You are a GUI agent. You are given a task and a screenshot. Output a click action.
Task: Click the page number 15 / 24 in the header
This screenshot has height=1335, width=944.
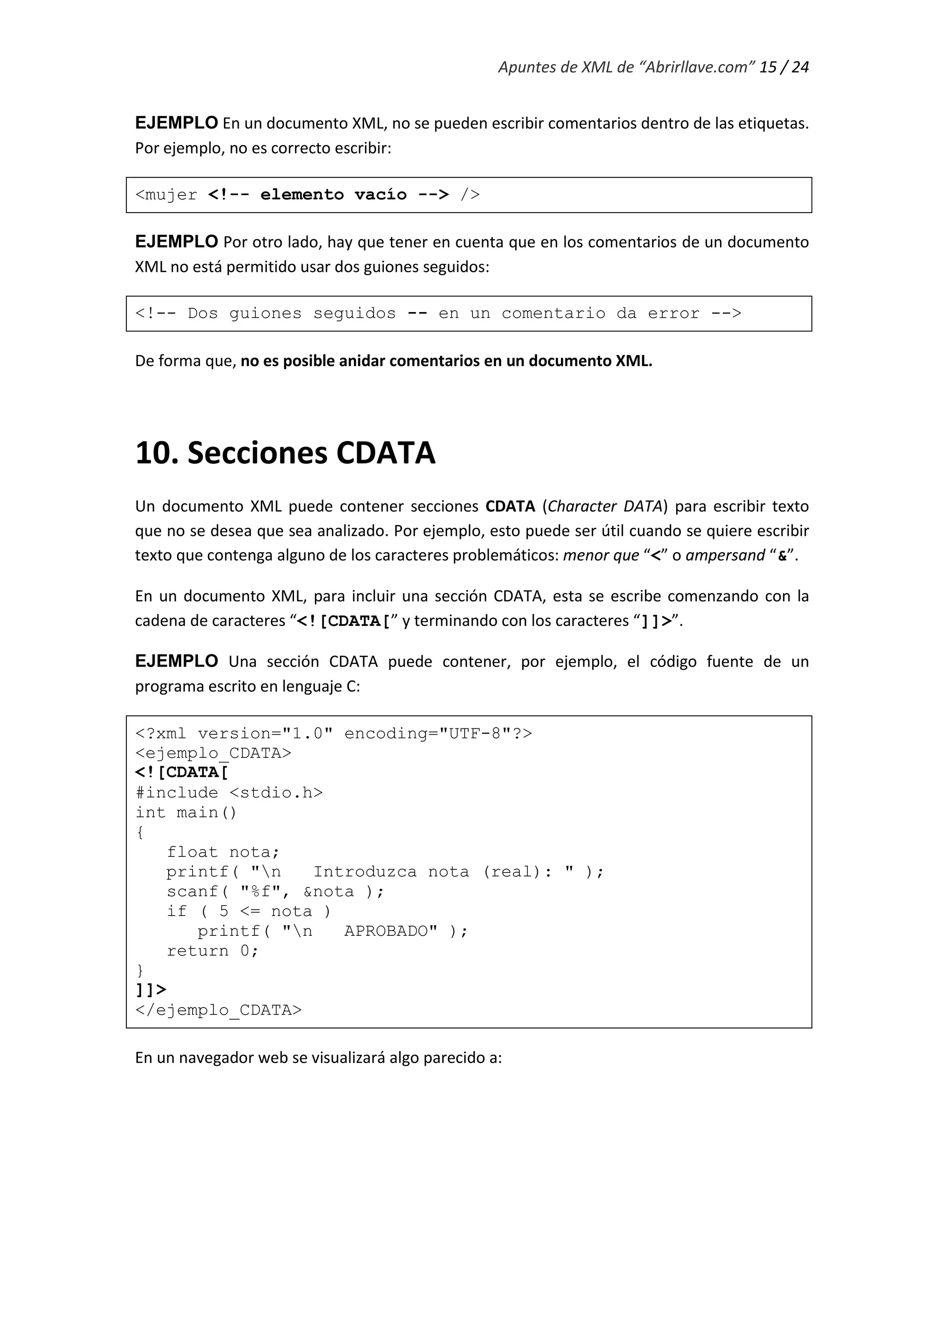(784, 67)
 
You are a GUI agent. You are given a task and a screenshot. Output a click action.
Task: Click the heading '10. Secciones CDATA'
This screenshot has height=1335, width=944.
(285, 453)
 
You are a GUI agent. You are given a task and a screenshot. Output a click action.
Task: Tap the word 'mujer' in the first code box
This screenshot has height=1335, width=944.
(171, 195)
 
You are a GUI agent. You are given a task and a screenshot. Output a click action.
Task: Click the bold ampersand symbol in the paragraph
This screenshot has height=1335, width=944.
(782, 556)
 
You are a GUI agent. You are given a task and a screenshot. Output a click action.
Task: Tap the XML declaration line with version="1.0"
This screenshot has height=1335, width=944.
(333, 734)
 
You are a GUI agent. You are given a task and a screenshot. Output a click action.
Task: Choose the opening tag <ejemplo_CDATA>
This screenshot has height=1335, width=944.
(213, 754)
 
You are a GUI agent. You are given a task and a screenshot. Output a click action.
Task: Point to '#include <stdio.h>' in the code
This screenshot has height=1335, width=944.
(229, 793)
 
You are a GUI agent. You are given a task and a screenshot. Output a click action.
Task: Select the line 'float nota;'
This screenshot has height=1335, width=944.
(223, 852)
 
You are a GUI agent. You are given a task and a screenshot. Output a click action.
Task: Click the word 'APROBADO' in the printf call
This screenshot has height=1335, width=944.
(390, 932)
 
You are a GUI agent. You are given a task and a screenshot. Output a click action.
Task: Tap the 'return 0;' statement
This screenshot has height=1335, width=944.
(212, 951)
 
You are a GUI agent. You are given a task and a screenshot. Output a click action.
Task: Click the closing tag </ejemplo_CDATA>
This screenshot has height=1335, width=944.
(218, 1010)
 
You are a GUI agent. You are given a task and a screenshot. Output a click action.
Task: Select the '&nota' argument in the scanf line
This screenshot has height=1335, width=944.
(329, 892)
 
